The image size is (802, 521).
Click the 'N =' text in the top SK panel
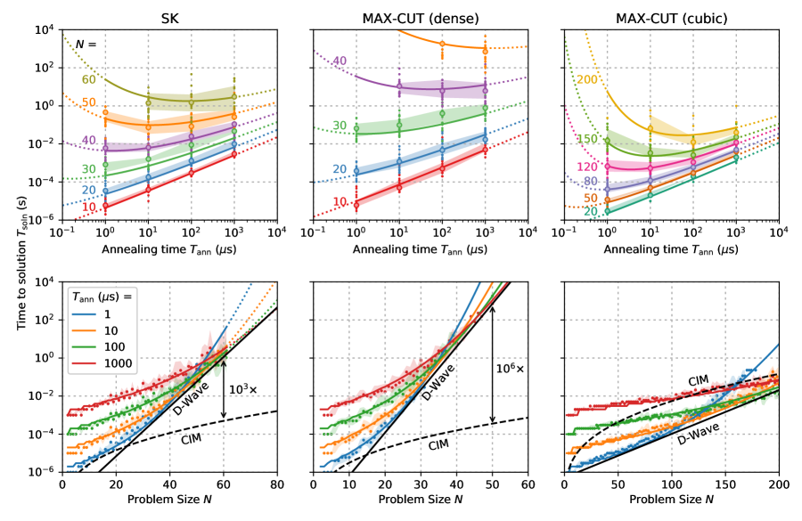coord(86,42)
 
